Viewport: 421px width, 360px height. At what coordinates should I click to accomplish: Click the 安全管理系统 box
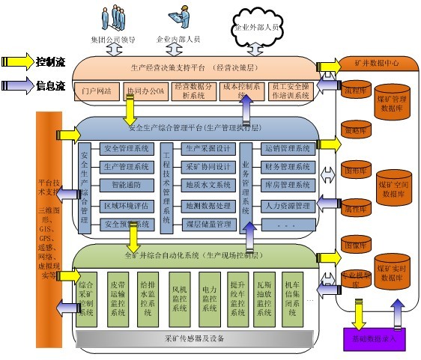(127, 148)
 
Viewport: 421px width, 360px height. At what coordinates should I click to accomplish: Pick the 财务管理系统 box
(288, 166)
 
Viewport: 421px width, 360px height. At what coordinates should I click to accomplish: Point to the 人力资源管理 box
(288, 205)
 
